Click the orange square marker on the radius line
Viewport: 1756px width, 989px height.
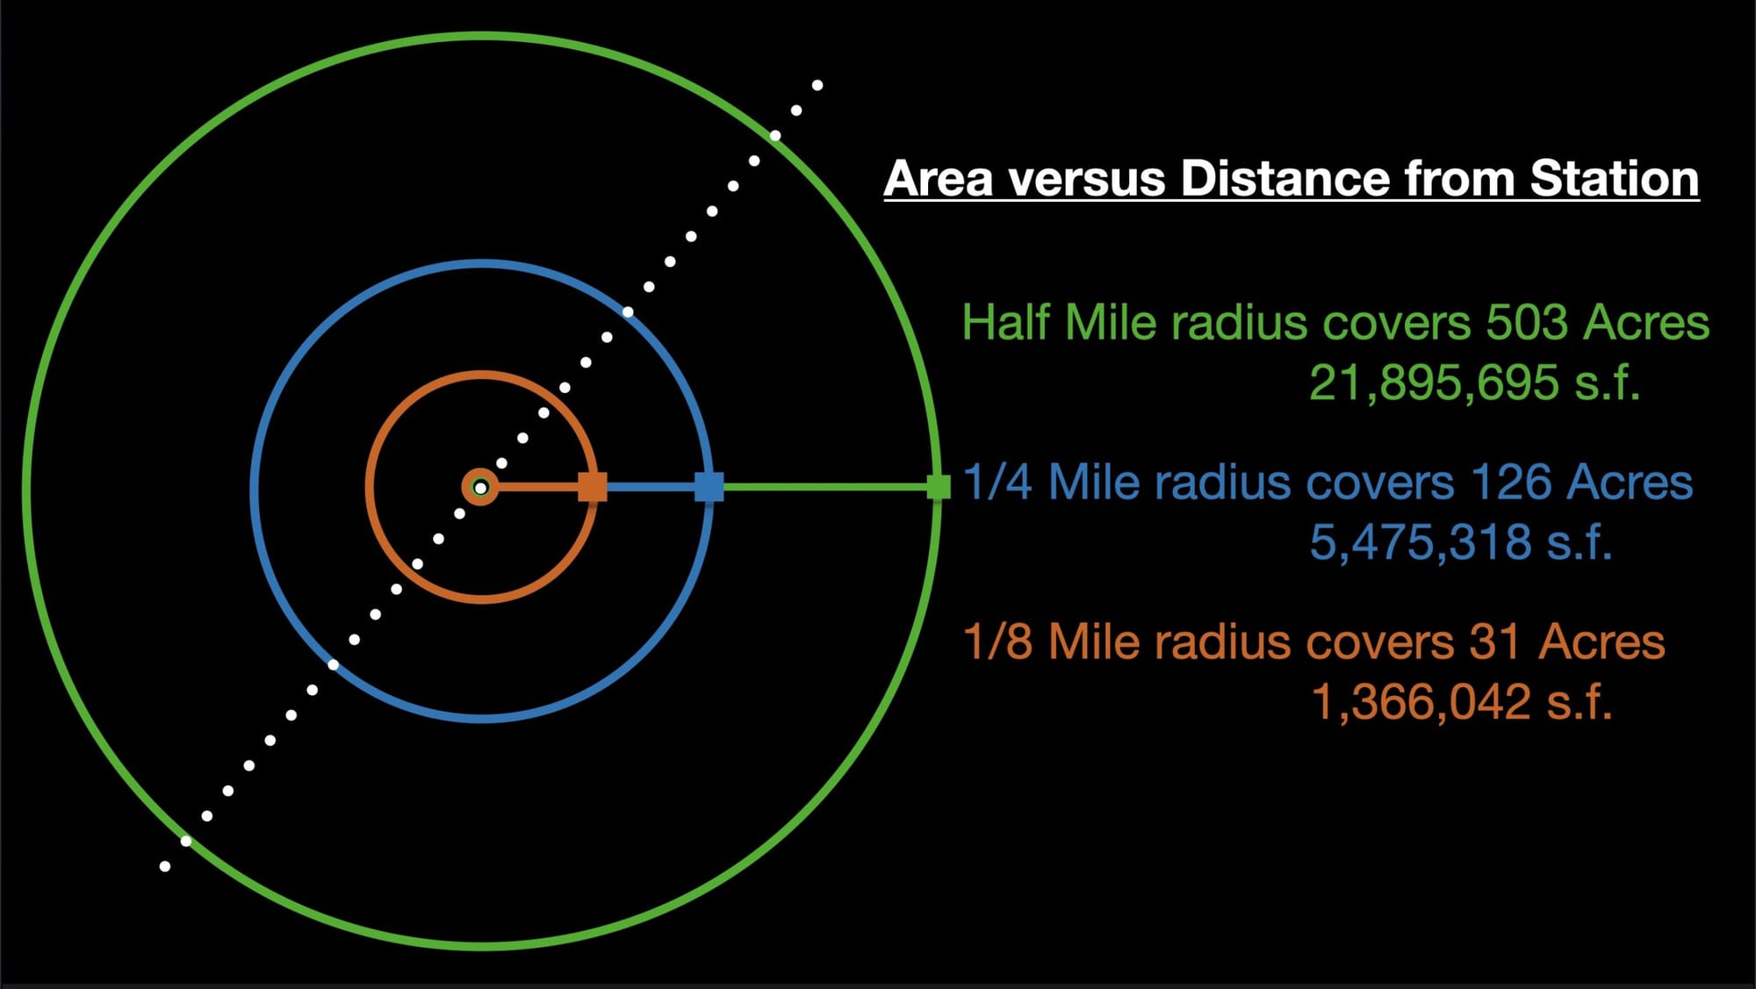point(593,487)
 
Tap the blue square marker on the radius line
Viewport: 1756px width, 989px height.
point(709,487)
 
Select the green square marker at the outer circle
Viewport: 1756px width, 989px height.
point(939,487)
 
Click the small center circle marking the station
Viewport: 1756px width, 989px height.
point(480,487)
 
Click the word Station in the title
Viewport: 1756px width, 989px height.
point(1614,179)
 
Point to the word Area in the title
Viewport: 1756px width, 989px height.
point(939,179)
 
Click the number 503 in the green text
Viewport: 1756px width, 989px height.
point(1527,323)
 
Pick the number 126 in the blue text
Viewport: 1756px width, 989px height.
point(1510,483)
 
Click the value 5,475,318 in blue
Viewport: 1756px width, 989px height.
point(1421,542)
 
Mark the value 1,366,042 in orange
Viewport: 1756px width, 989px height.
point(1421,702)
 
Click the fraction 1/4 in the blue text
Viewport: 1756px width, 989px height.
point(997,483)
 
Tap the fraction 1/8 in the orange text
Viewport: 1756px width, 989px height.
point(997,641)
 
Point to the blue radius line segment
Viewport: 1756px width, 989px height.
point(651,487)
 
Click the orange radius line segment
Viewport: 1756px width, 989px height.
point(538,487)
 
